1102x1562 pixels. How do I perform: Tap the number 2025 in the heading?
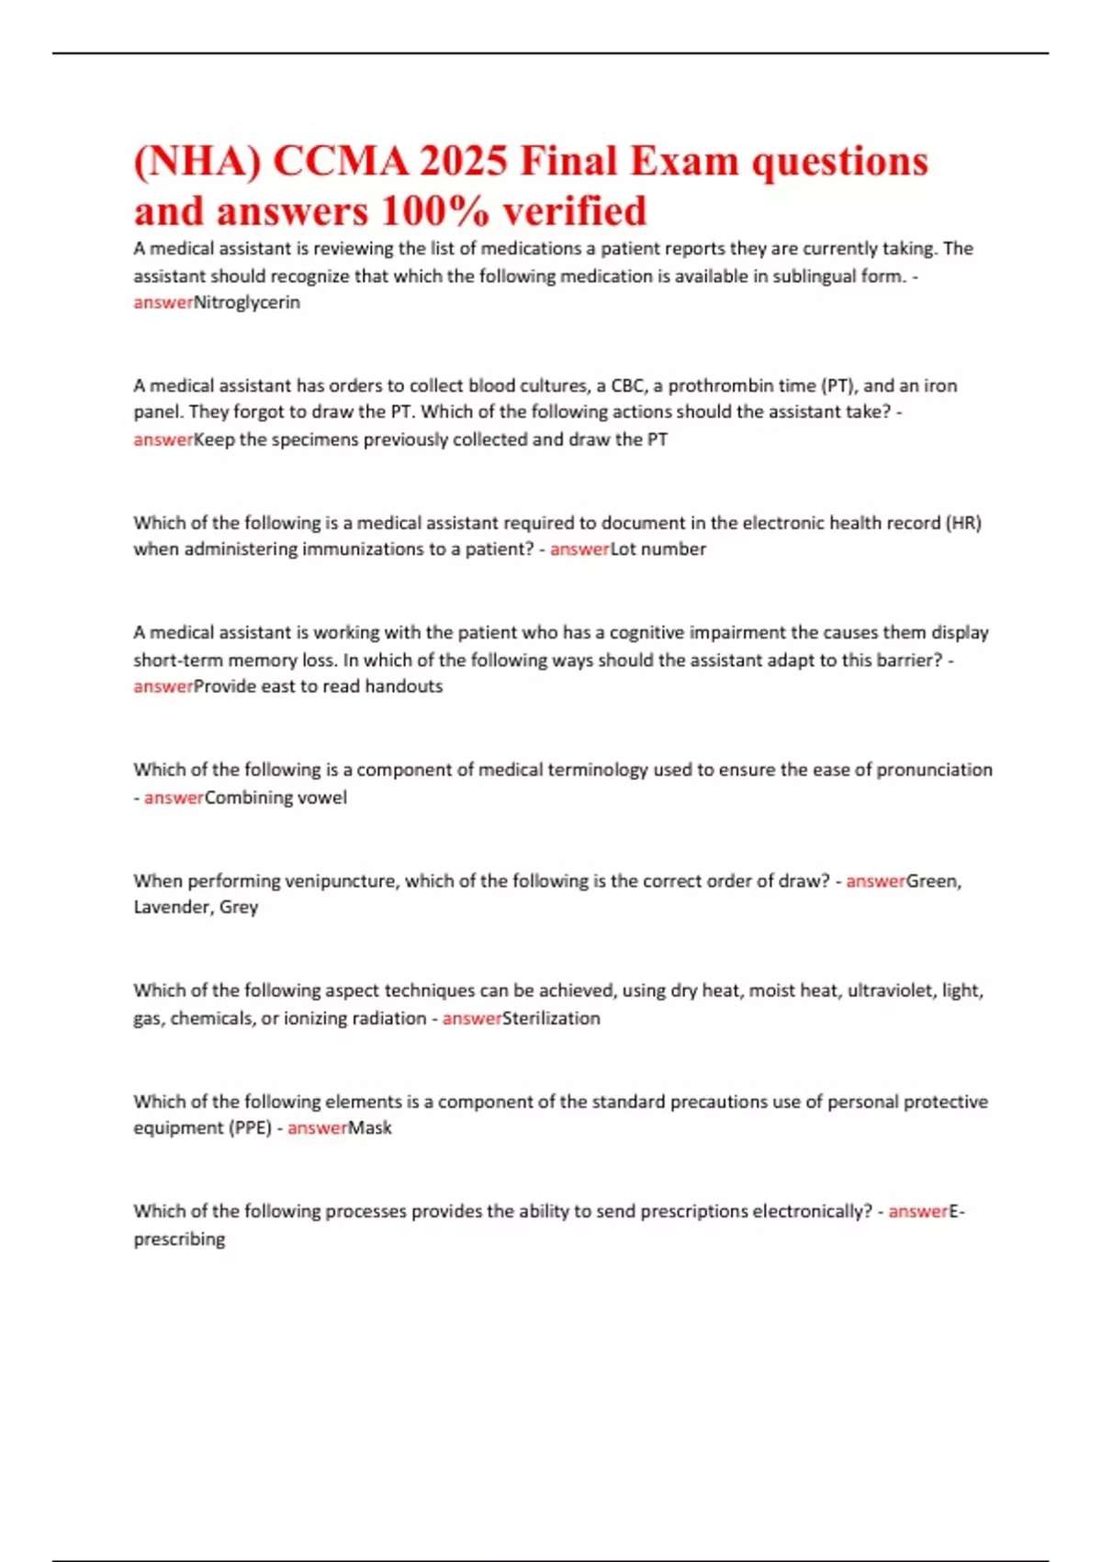[x=464, y=162]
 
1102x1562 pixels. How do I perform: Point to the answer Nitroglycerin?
[x=247, y=302]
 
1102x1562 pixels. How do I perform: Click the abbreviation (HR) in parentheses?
[x=963, y=523]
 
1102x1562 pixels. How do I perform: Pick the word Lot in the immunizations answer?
[x=624, y=549]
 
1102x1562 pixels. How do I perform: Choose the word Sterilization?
[x=551, y=1018]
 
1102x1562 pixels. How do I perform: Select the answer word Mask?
[x=369, y=1128]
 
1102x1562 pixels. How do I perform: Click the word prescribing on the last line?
[x=179, y=1239]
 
